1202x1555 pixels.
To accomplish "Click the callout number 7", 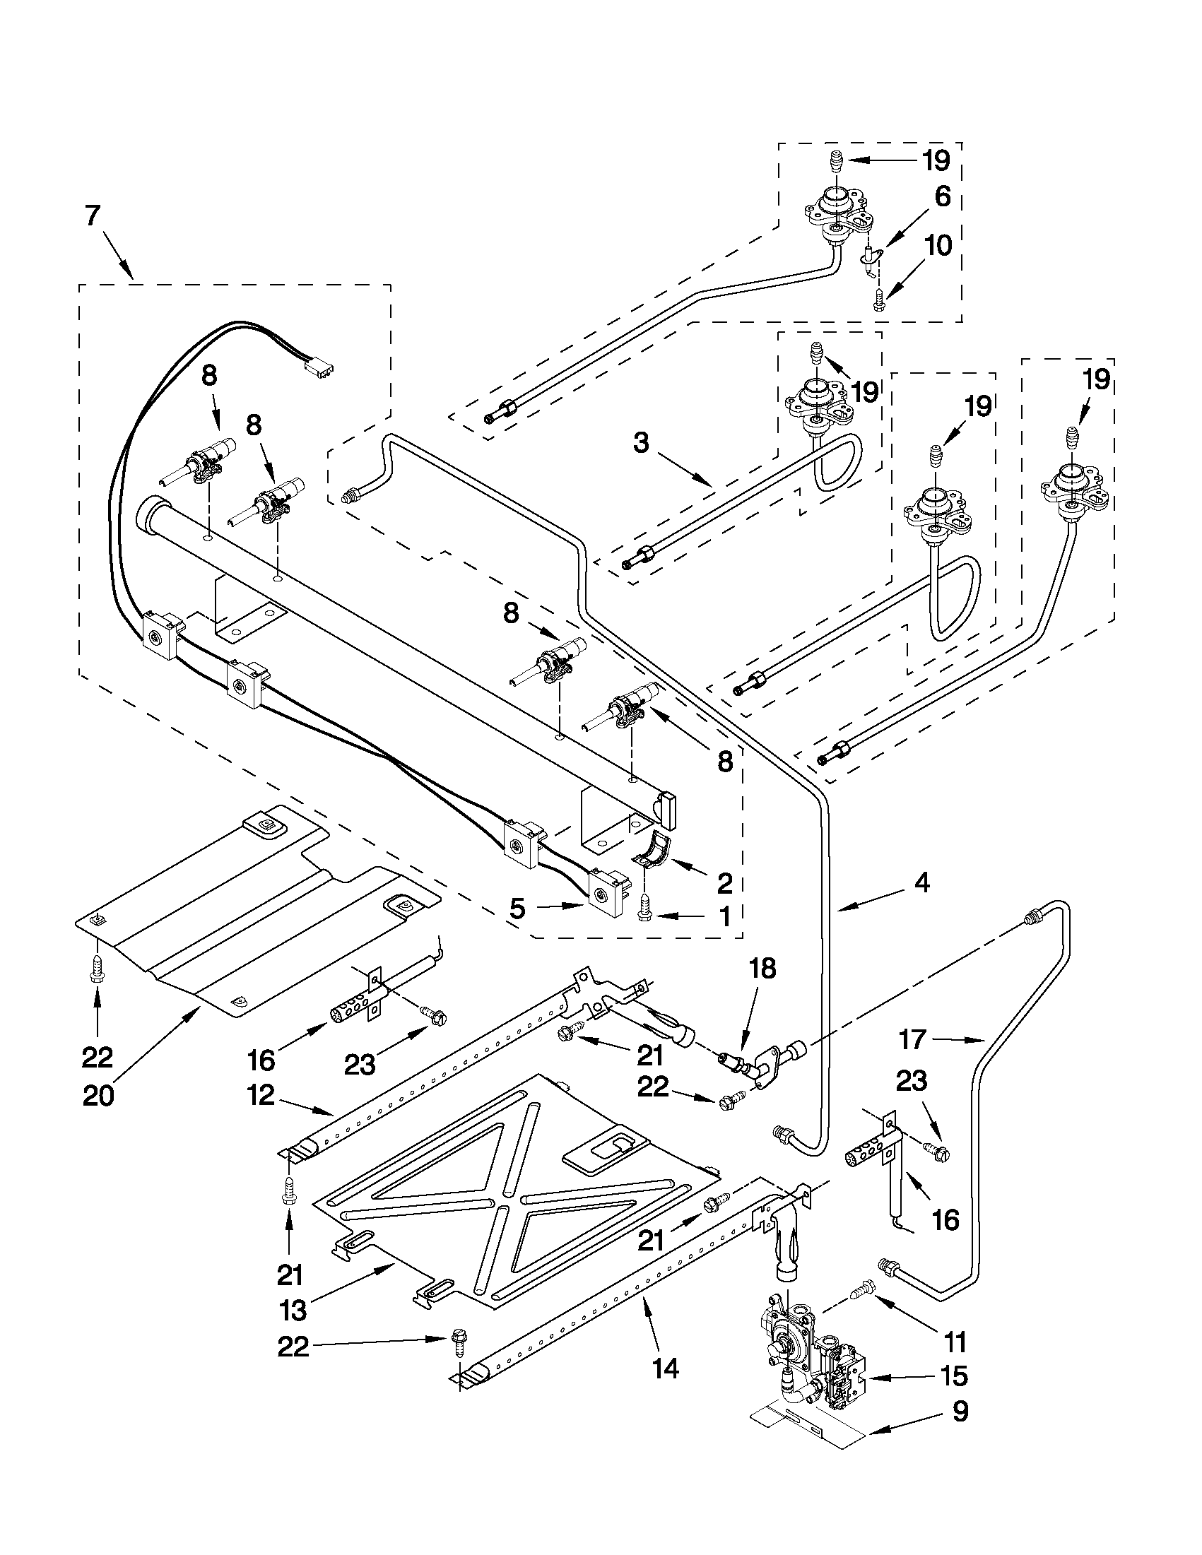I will pyautogui.click(x=93, y=216).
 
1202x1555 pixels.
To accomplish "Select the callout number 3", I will pyautogui.click(x=641, y=444).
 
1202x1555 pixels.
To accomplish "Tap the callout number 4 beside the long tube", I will pyautogui.click(x=921, y=884).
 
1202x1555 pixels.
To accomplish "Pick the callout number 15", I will pyautogui.click(x=954, y=1377).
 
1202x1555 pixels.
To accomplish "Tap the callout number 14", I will pyautogui.click(x=664, y=1368).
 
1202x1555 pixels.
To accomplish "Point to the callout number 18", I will pyautogui.click(x=762, y=970).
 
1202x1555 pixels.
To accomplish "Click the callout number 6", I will pyautogui.click(x=942, y=196).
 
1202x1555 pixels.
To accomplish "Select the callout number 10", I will pyautogui.click(x=939, y=247).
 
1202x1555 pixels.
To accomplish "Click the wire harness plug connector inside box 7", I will pyautogui.click(x=318, y=368).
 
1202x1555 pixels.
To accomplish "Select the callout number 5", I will pyautogui.click(x=518, y=909).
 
